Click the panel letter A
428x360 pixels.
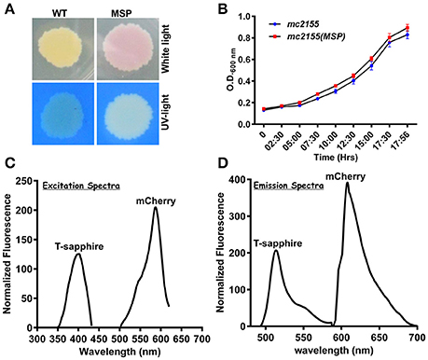pos(8,7)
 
